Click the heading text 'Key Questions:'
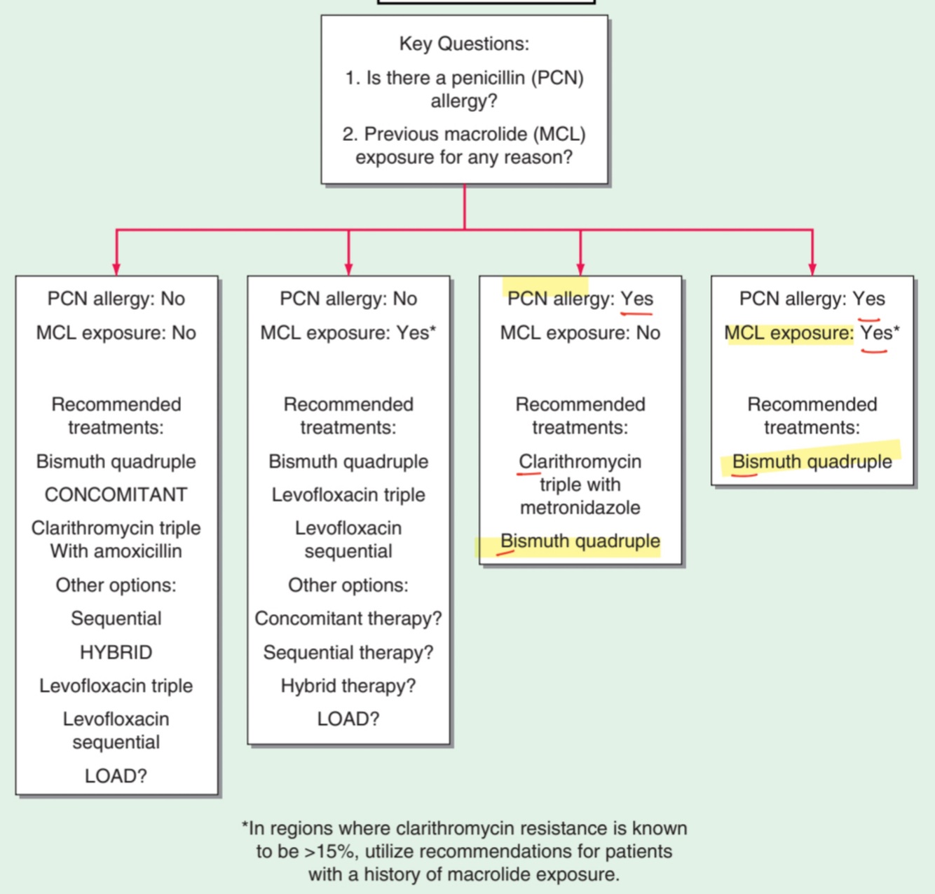click(464, 43)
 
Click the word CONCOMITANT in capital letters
click(116, 494)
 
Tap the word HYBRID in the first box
click(116, 652)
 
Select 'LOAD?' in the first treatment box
click(116, 776)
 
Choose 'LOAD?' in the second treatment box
click(348, 719)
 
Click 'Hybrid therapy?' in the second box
click(348, 685)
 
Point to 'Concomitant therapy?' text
click(348, 618)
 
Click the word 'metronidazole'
click(580, 508)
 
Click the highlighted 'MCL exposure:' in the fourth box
click(789, 333)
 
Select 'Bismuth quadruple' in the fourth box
click(812, 461)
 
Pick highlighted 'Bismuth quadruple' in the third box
click(580, 541)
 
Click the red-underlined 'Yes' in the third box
click(636, 299)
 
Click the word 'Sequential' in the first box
click(116, 618)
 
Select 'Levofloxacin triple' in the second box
click(348, 494)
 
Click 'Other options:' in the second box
click(348, 585)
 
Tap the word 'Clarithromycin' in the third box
click(580, 461)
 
